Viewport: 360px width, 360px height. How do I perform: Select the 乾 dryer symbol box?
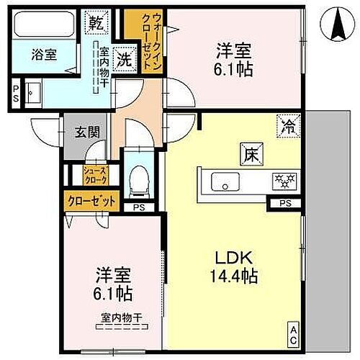[x=96, y=22]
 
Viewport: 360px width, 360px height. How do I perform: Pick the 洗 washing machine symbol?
[x=124, y=61]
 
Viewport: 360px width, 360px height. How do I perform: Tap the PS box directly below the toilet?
[x=138, y=207]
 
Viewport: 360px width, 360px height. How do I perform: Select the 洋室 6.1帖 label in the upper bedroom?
[x=233, y=58]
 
